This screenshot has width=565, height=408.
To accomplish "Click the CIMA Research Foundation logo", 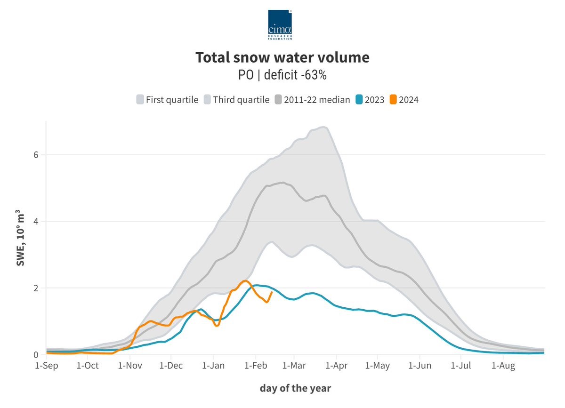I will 280,24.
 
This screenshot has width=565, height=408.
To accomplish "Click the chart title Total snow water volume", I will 282,57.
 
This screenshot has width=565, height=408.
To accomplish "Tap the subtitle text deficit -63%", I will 295,75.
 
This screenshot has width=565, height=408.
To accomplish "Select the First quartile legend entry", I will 167,100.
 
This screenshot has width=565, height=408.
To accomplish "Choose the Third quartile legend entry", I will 236,100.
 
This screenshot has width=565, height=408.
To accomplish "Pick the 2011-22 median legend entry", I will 313,100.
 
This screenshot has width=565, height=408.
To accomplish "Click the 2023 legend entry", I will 371,100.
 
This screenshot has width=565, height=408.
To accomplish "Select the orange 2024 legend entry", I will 404,100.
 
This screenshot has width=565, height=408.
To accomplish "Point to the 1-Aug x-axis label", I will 503,366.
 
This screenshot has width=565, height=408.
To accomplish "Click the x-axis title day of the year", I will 295,389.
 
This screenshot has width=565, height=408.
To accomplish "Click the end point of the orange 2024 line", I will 272,292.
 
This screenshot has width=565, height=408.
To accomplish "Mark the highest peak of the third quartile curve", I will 323,127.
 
